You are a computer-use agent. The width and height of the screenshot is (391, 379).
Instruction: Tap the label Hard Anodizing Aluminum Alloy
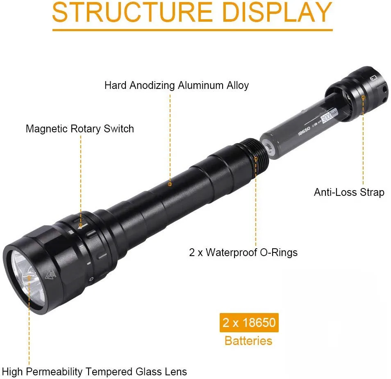coord(177,86)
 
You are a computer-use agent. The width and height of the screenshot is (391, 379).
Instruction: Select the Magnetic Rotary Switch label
coord(80,129)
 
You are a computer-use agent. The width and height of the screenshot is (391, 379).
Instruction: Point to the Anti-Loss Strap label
coord(349,192)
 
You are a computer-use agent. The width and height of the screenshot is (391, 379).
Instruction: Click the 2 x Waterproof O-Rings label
coord(243,252)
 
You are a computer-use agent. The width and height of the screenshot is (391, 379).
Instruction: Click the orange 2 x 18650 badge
coord(249,322)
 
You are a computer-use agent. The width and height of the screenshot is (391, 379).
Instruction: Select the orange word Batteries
coord(248,340)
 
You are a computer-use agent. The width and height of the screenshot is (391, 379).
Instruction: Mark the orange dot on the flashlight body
coord(170,184)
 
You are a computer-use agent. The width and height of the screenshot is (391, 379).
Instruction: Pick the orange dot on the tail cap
coord(363,97)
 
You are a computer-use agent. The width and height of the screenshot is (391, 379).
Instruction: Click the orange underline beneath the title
coord(192,30)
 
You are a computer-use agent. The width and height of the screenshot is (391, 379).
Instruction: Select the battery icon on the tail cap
coord(373,77)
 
